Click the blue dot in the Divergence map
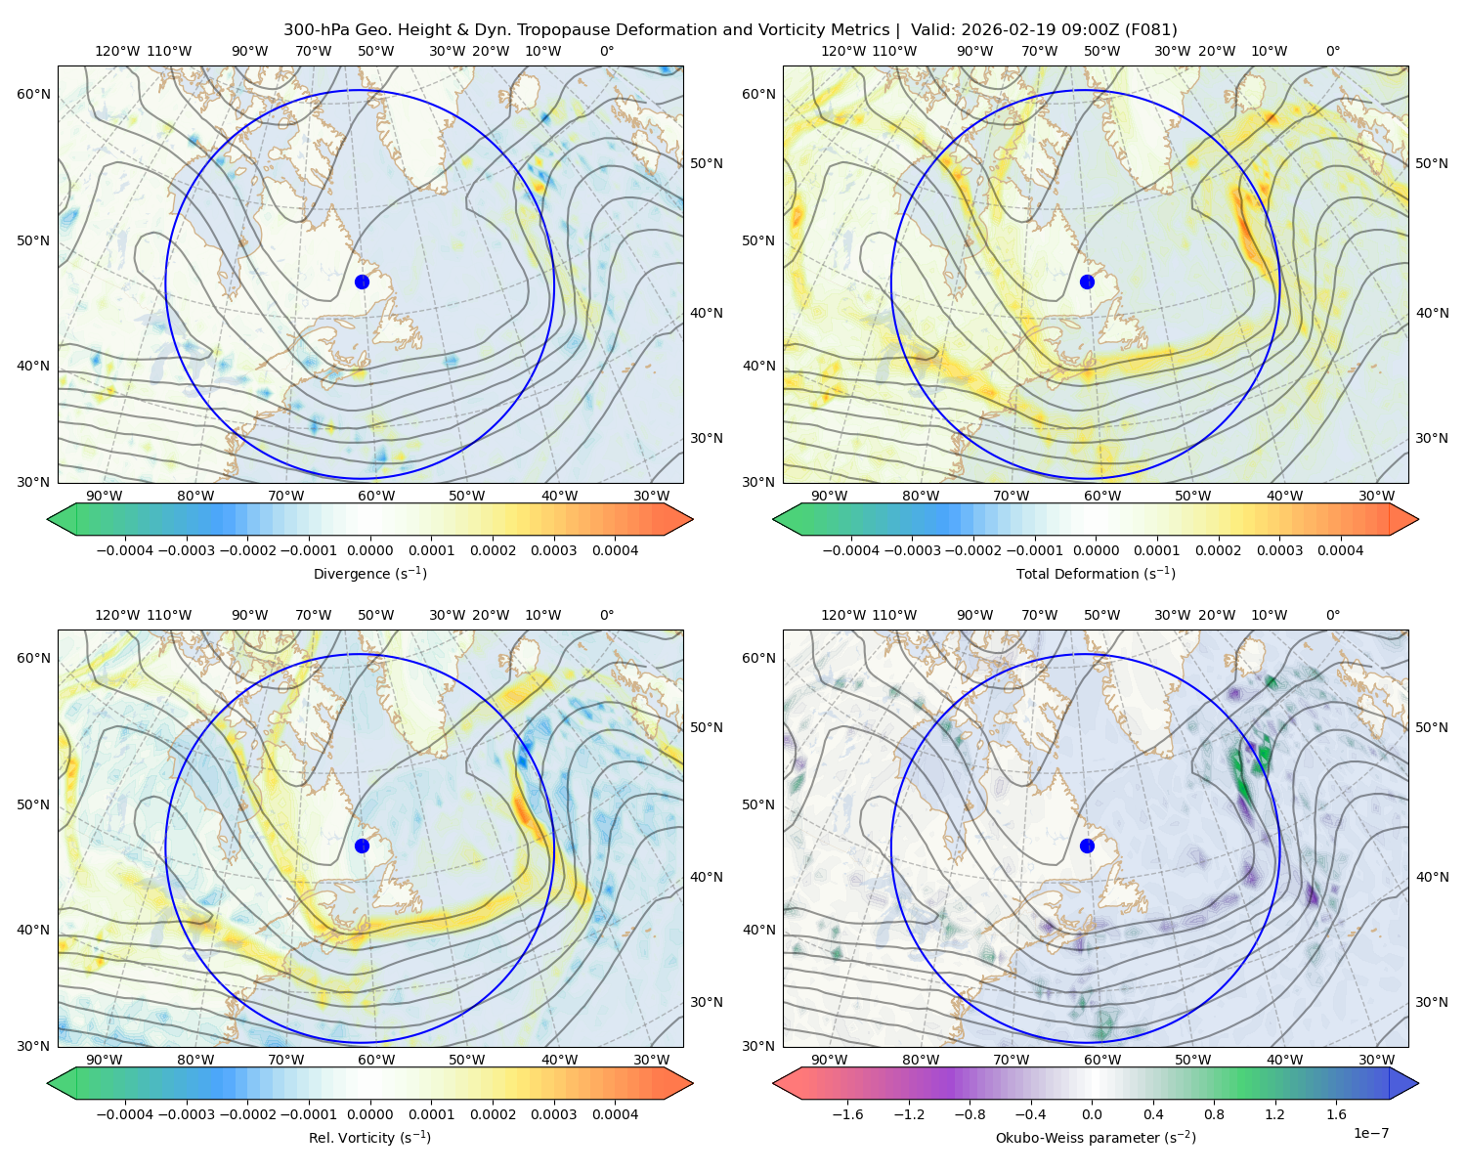point(362,282)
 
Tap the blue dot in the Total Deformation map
point(1087,282)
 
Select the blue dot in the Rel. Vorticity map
point(362,846)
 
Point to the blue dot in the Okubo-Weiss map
point(1087,846)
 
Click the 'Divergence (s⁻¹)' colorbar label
point(369,573)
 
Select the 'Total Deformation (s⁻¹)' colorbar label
point(1096,573)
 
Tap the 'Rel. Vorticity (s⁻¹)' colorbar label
point(369,1137)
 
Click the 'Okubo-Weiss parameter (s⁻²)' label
point(1096,1137)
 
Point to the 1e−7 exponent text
point(1370,1133)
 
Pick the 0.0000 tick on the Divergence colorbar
point(369,550)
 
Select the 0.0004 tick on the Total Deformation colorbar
point(1341,550)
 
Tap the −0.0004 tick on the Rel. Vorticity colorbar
point(125,1113)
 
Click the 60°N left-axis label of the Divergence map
point(33,94)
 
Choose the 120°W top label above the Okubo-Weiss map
point(842,614)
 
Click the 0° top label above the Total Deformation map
point(1332,51)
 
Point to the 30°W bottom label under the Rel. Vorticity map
point(651,1060)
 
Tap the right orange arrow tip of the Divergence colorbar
point(692,519)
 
